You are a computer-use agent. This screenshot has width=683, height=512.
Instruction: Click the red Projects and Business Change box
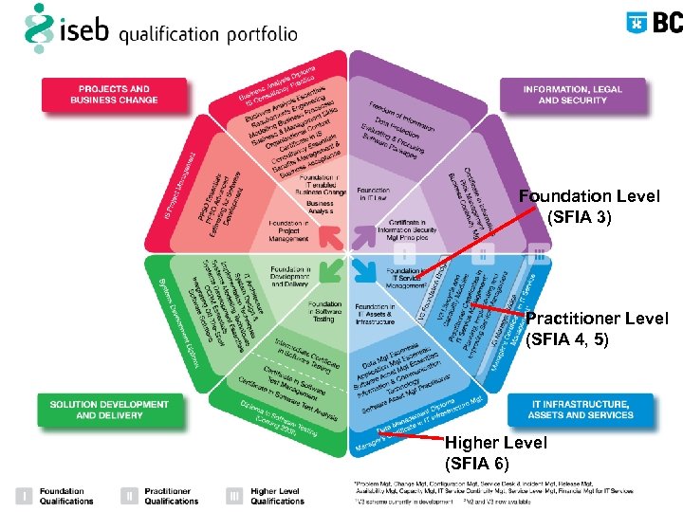pyautogui.click(x=114, y=94)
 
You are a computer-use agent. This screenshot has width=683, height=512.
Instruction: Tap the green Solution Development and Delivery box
pyautogui.click(x=108, y=410)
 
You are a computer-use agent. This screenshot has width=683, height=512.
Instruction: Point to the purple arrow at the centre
pyautogui.click(x=363, y=232)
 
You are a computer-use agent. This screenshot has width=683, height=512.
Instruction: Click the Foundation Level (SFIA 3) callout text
pyautogui.click(x=588, y=207)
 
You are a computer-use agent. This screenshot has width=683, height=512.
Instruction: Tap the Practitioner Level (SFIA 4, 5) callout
pyautogui.click(x=596, y=329)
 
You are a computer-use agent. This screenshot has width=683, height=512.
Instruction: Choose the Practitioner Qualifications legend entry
pyautogui.click(x=171, y=496)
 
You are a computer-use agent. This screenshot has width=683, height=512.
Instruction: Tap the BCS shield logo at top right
pyautogui.click(x=638, y=22)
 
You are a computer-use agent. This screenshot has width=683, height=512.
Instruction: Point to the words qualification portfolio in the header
pyautogui.click(x=209, y=34)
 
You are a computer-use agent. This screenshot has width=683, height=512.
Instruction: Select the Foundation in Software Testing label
pyautogui.click(x=324, y=311)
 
